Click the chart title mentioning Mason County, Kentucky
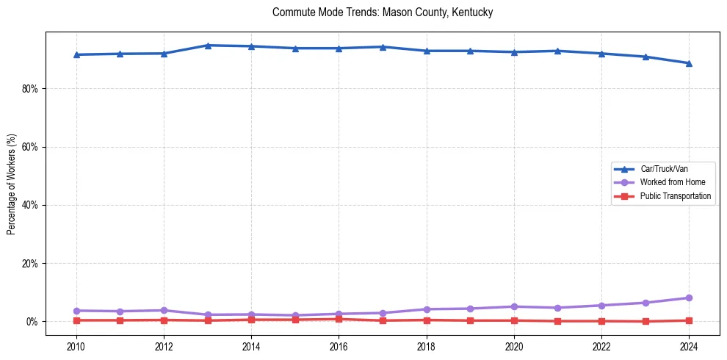point(382,12)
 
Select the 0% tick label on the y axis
point(32,322)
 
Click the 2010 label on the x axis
point(76,345)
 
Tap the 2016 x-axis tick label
point(339,345)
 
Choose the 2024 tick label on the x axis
point(689,345)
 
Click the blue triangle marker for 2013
point(208,46)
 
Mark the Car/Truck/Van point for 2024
point(689,63)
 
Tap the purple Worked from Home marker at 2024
point(689,298)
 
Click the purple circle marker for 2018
point(426,309)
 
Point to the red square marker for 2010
point(76,320)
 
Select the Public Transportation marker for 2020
point(514,320)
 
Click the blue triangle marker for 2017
point(383,47)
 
